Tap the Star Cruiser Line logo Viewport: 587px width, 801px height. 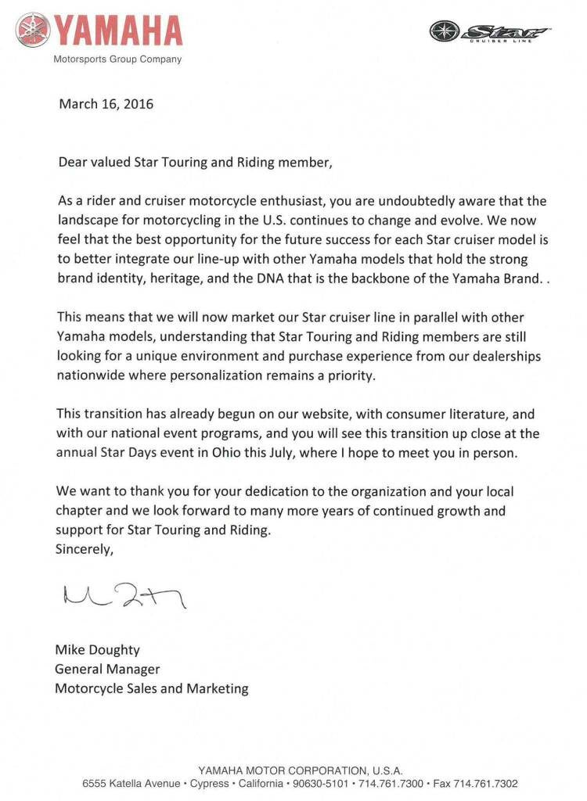point(490,32)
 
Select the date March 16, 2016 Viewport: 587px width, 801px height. point(106,103)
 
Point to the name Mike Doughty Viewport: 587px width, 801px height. point(96,649)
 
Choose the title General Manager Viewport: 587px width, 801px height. point(107,669)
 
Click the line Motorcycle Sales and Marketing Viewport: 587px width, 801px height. point(151,689)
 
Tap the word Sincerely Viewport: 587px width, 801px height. point(85,549)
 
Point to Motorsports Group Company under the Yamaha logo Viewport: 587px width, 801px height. point(117,59)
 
